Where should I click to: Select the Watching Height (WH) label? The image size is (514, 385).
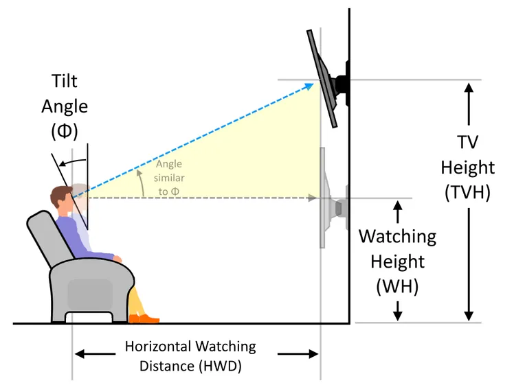(x=398, y=261)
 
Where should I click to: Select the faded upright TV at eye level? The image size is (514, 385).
(x=322, y=198)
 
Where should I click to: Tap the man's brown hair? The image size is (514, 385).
(x=60, y=195)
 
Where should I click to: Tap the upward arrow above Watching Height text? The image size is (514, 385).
(x=398, y=212)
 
